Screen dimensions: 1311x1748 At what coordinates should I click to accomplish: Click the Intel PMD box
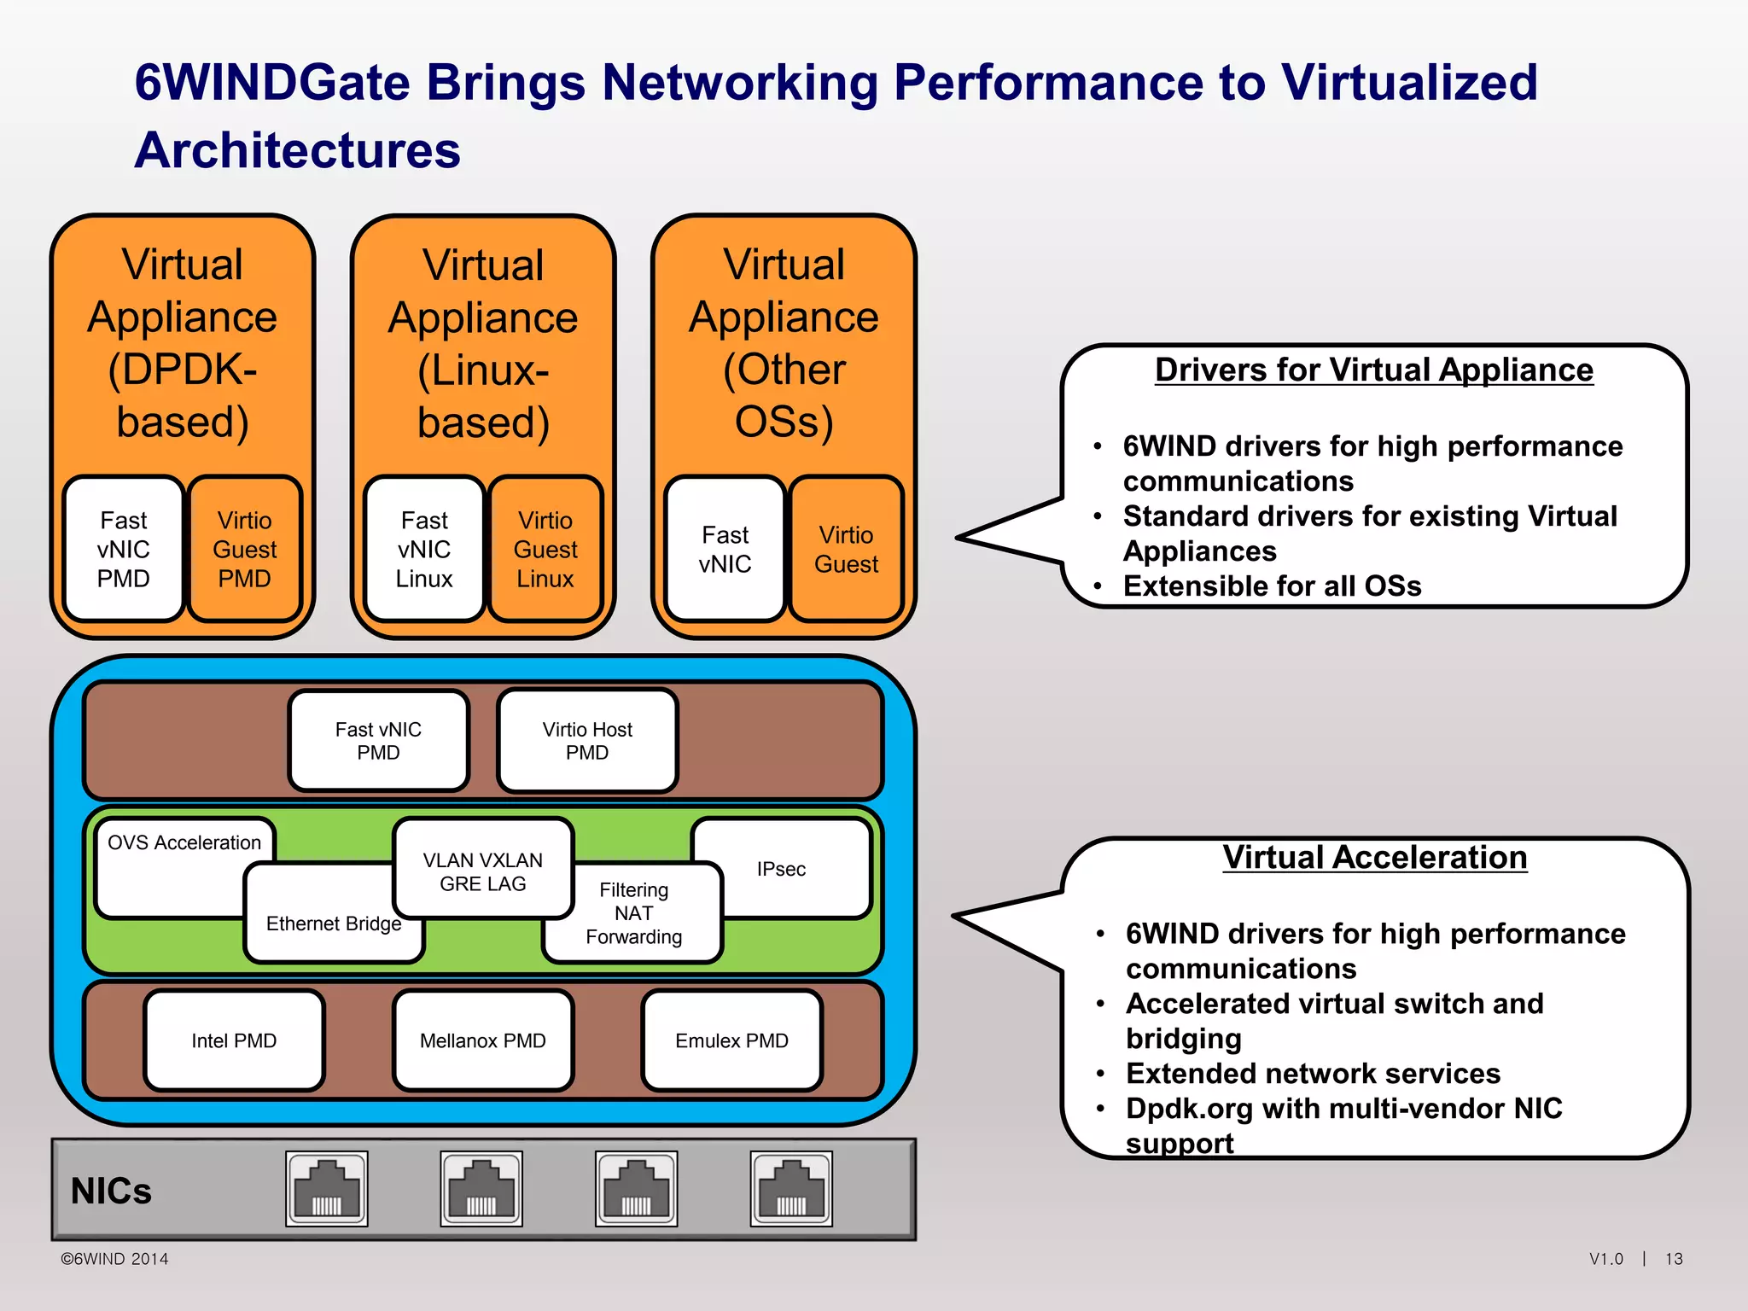pos(234,1040)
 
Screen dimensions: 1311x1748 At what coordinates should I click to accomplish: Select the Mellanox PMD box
pos(483,1040)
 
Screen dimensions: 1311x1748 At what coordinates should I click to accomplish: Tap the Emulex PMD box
pos(731,1040)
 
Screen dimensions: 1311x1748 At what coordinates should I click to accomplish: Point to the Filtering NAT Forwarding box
pos(633,913)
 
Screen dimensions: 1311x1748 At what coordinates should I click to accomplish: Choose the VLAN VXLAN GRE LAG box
pos(483,871)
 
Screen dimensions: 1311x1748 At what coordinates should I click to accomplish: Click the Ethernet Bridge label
pos(334,924)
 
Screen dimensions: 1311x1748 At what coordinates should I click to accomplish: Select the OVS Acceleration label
pos(184,842)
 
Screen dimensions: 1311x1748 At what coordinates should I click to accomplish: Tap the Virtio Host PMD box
pos(587,741)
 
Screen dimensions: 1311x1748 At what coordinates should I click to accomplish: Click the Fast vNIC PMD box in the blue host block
pos(378,741)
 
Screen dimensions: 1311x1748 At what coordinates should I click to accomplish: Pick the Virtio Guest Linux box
pos(545,549)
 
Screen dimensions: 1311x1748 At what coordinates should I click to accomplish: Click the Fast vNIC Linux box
pos(424,549)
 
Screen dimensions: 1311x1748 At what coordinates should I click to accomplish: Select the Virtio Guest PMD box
pos(245,549)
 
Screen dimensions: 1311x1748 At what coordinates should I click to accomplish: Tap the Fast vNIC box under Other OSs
pos(725,549)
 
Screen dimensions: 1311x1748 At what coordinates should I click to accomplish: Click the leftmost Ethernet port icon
pos(327,1189)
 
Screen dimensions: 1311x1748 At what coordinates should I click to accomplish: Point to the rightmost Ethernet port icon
pos(791,1189)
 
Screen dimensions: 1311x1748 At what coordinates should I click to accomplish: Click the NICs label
pos(111,1191)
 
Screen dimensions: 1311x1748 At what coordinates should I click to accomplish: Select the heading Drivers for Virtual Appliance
pos(1373,370)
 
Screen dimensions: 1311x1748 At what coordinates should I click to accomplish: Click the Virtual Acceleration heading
pos(1374,857)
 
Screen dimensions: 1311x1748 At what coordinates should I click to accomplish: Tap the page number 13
pos(1674,1259)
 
